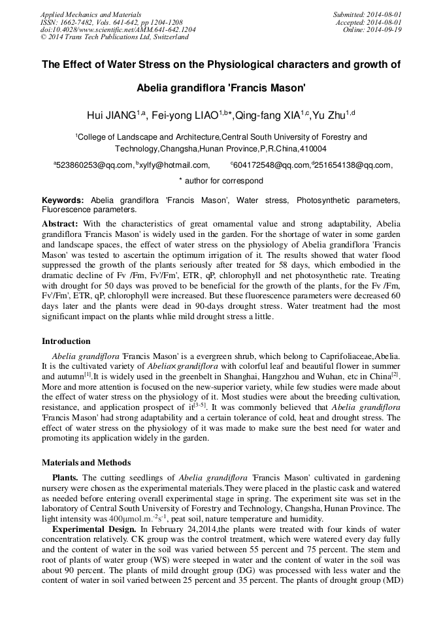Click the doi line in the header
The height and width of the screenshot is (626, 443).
pyautogui.click(x=118, y=29)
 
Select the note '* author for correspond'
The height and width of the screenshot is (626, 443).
pyautogui.click(x=221, y=180)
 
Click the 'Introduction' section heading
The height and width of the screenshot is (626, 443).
pyautogui.click(x=66, y=341)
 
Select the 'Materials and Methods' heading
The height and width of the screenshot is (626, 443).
pyautogui.click(x=86, y=462)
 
